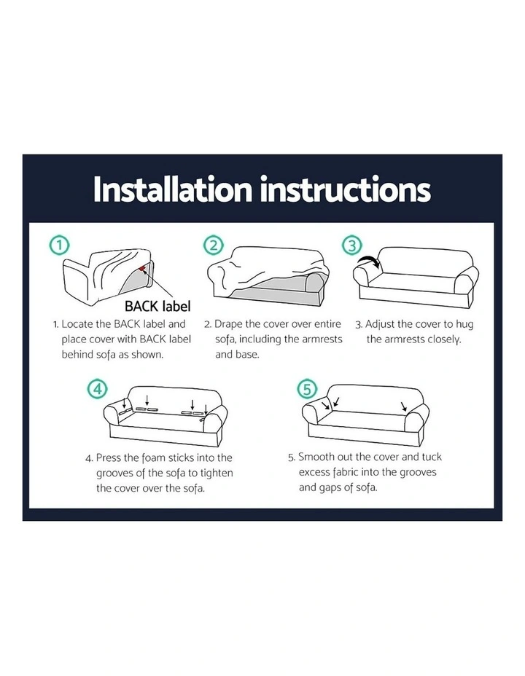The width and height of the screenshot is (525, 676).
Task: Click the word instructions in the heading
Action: pos(346,189)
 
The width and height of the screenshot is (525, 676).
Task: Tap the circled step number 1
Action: pos(60,245)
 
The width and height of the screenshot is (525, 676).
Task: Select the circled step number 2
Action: pos(214,245)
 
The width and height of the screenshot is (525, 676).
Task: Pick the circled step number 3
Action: pos(352,245)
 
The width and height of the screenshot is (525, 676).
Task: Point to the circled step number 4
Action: pos(98,389)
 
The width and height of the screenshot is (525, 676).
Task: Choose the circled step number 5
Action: pos(307,389)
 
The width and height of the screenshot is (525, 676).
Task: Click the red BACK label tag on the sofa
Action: pos(142,270)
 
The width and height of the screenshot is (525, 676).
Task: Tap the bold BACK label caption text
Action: pos(157,306)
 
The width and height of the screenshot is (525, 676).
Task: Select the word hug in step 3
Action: pos(464,325)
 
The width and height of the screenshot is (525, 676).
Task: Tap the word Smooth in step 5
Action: pos(318,457)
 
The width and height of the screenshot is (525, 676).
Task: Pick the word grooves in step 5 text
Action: pos(418,473)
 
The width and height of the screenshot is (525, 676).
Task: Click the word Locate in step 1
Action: pos(77,323)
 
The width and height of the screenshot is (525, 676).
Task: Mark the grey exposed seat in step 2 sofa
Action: pos(272,287)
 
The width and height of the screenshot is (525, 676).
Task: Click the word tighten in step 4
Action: pos(217,473)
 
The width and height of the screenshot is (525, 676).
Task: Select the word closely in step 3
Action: pos(444,339)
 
